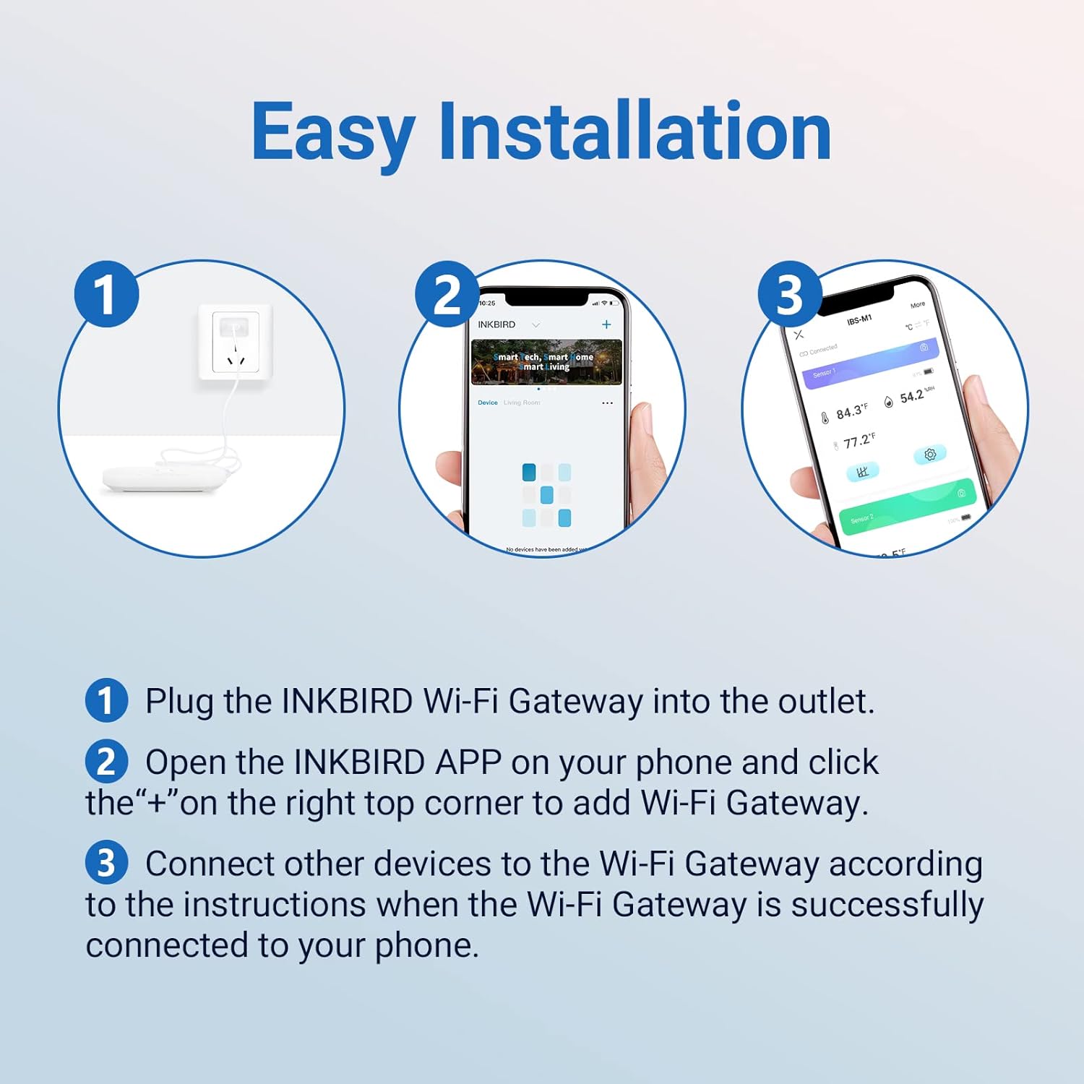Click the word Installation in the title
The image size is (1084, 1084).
pos(635,132)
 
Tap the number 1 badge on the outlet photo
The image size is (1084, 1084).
pos(106,294)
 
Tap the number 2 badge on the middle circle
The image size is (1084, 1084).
pos(447,294)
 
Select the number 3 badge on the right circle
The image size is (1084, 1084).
pos(789,294)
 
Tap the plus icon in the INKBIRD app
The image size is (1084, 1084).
pos(606,324)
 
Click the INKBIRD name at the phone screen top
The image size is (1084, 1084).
pos(496,324)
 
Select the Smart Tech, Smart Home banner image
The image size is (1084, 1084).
pos(546,361)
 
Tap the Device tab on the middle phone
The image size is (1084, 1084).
pos(487,403)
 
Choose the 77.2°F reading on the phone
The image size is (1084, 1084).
pos(859,440)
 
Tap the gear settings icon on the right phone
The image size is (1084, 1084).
pos(929,455)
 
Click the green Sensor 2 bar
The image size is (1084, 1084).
pos(907,505)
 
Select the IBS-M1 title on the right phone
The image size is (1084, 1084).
pos(859,319)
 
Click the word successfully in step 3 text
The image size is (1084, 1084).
pos(887,905)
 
